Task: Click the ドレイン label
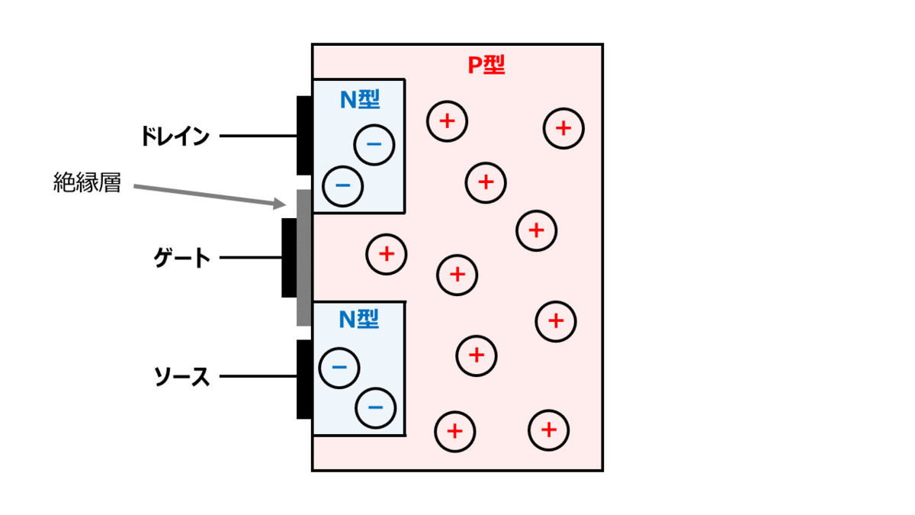175,136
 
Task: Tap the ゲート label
181,258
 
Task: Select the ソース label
181,376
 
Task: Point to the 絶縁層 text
87,182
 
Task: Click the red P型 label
486,65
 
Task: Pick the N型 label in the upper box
360,100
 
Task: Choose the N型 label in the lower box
359,319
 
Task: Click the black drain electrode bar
304,136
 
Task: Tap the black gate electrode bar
289,258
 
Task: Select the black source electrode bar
304,379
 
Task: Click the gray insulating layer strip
304,258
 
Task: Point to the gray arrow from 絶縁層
210,196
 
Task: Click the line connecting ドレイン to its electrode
258,136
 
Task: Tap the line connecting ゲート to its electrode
250,258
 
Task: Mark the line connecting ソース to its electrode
258,376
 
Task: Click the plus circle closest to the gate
387,254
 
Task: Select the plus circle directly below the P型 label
486,182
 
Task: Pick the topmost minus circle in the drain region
374,145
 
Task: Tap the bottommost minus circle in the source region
375,408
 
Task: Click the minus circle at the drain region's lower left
342,186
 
